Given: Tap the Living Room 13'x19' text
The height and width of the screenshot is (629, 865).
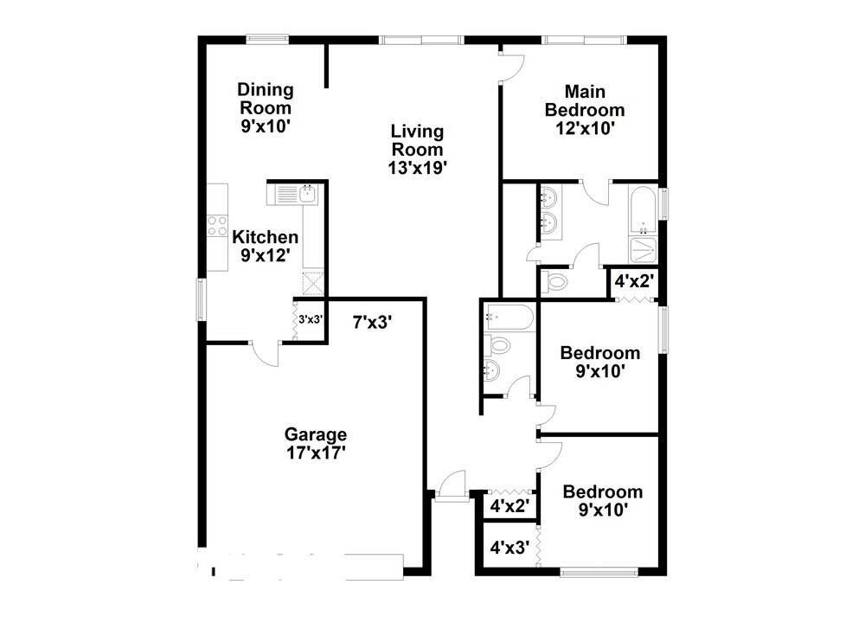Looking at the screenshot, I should (417, 150).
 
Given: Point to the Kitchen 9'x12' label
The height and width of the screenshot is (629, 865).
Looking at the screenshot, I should (265, 246).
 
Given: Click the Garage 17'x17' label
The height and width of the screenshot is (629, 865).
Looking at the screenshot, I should (317, 443).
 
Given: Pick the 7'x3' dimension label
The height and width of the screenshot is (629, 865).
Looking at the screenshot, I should (373, 323).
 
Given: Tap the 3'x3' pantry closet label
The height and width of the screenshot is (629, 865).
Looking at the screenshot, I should (311, 319).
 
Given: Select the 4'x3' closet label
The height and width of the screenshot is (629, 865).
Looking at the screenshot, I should (509, 548).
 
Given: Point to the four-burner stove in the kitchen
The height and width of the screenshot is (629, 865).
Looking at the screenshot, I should (216, 227).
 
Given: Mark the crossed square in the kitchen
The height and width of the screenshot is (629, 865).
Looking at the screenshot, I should (312, 282).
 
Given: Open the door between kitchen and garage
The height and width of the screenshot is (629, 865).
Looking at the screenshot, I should (264, 353).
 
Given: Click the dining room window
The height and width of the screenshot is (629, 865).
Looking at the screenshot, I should (266, 37).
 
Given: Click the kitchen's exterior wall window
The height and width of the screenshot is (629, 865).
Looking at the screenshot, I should (201, 300).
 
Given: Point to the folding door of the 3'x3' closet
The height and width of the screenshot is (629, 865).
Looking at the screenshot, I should (293, 320).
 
